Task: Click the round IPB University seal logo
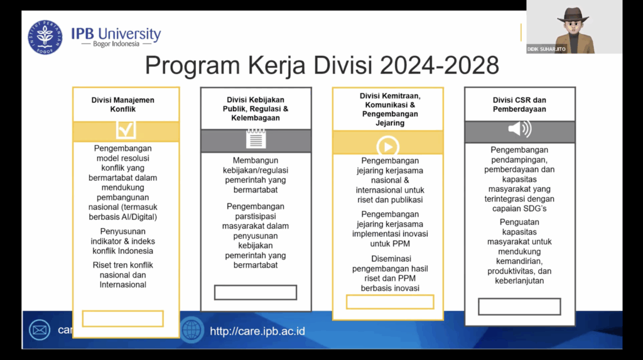[x=45, y=37]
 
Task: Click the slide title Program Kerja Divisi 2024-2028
[x=322, y=65]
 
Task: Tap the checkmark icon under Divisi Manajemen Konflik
[x=126, y=129]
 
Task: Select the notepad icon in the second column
[x=256, y=138]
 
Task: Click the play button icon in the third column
[x=387, y=146]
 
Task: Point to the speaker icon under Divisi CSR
[x=519, y=129]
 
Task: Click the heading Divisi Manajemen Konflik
[x=122, y=105]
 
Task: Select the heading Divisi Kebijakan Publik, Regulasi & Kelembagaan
[x=256, y=109]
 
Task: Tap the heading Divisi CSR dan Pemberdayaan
[x=519, y=105]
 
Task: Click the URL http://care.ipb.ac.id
[x=257, y=331]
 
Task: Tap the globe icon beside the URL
[x=192, y=330]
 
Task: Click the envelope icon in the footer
[x=40, y=330]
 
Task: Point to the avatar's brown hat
[x=573, y=16]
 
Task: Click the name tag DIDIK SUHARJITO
[x=546, y=49]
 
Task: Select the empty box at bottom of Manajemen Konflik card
[x=122, y=319]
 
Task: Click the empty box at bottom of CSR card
[x=519, y=307]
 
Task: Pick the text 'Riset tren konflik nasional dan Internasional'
[x=122, y=275]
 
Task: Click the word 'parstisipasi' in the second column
[x=256, y=216]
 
